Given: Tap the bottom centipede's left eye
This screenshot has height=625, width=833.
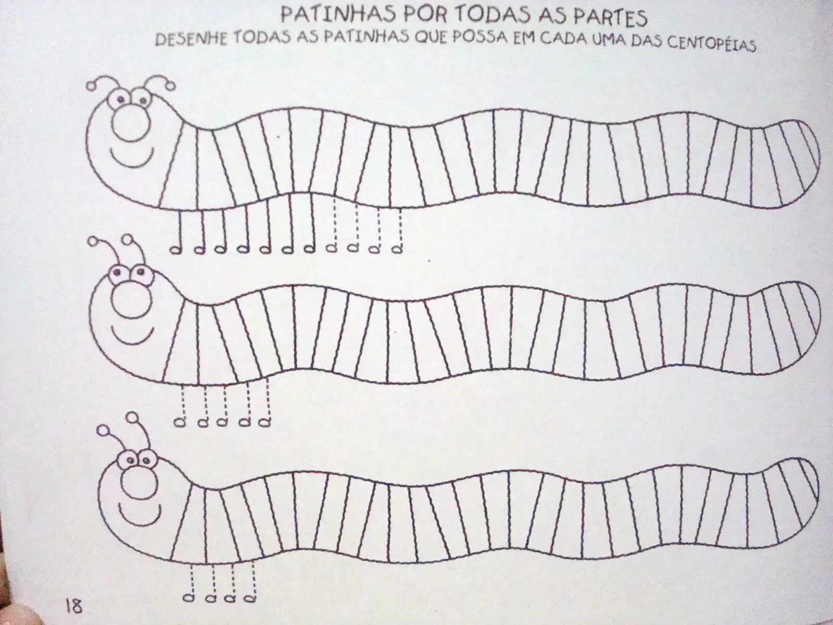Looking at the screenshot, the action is [x=130, y=460].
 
